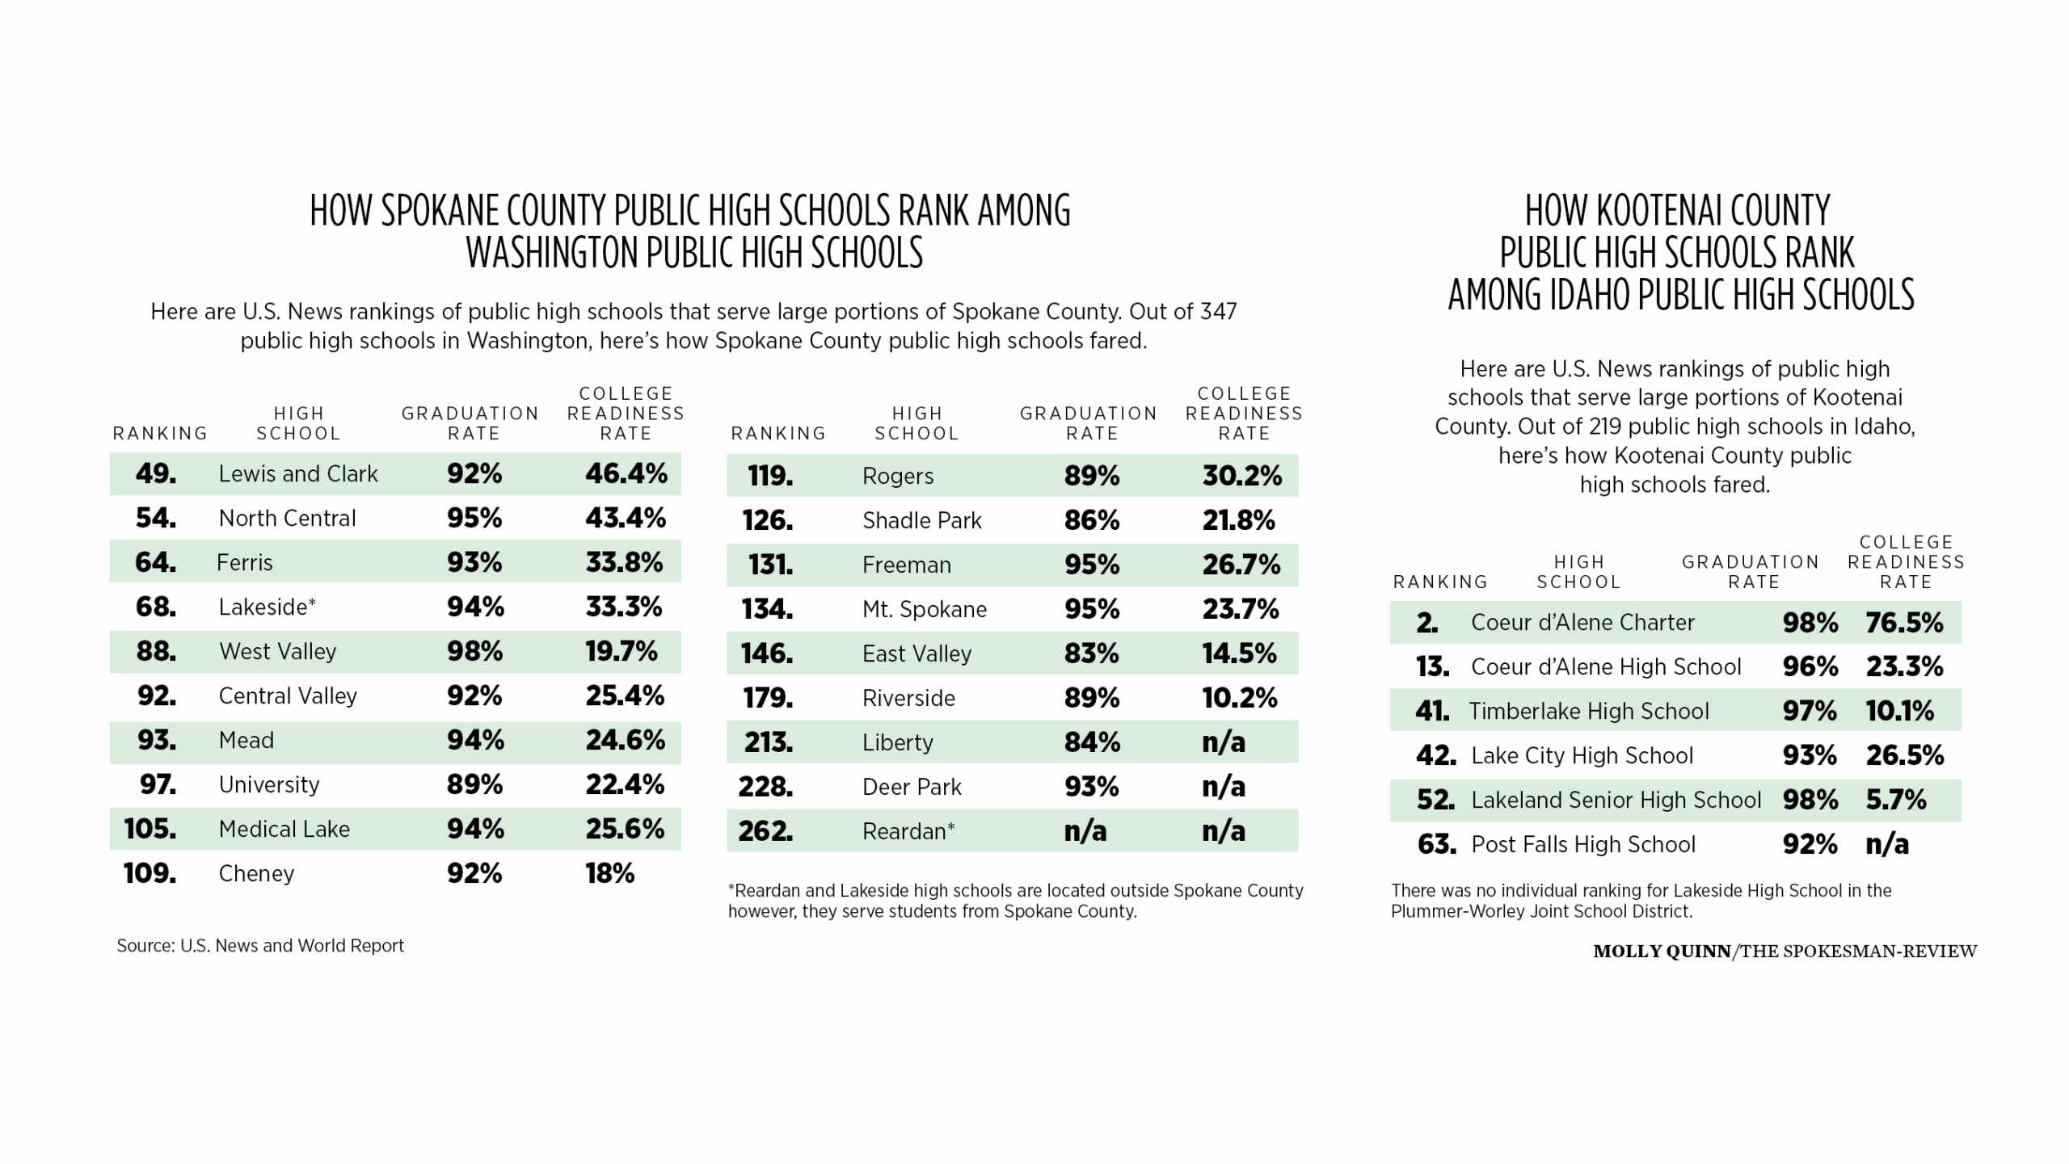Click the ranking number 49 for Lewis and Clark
point(155,473)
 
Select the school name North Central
point(287,519)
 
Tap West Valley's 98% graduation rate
point(474,651)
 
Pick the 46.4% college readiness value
point(626,473)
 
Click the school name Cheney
point(256,874)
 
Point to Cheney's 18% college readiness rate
point(609,874)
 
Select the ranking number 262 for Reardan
point(765,831)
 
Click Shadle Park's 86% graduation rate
point(1091,520)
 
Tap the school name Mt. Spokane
point(924,609)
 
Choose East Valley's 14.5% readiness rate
point(1239,653)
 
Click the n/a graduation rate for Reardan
point(1085,831)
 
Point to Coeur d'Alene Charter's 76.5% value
point(1904,623)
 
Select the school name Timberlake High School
point(1588,712)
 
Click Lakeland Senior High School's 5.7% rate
point(1896,801)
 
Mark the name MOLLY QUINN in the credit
point(1661,952)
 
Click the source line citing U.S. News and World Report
point(260,946)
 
